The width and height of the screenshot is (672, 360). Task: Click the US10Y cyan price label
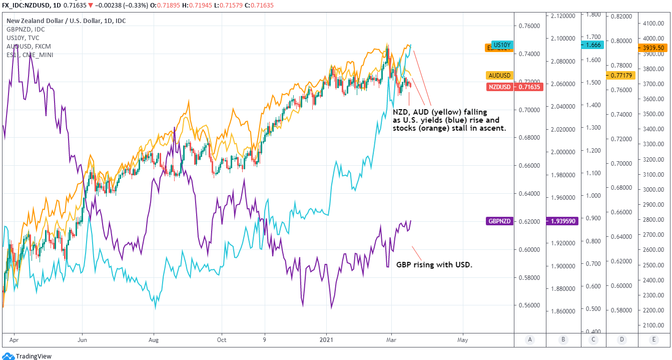coord(502,44)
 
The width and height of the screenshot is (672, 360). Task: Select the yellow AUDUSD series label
coord(499,75)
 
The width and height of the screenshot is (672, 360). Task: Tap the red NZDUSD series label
coord(499,87)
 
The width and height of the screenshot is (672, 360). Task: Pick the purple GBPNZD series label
coord(499,221)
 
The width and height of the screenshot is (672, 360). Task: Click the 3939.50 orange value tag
coord(653,48)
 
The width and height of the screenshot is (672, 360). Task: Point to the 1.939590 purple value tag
coord(563,221)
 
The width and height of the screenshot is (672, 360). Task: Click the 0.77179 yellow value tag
coord(621,75)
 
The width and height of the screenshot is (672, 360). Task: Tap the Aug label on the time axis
coord(153,339)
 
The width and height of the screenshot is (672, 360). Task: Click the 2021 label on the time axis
coord(327,339)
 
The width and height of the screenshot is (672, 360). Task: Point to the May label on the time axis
coord(463,339)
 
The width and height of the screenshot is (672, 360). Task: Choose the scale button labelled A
coord(530,339)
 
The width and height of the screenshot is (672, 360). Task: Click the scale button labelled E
coord(653,339)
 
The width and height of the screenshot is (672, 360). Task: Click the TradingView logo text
coord(34,356)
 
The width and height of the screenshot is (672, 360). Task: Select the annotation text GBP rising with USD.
coord(434,265)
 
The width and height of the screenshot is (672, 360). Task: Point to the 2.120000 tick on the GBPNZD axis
coord(562,16)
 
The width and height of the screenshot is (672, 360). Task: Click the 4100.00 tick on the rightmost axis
coord(653,23)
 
